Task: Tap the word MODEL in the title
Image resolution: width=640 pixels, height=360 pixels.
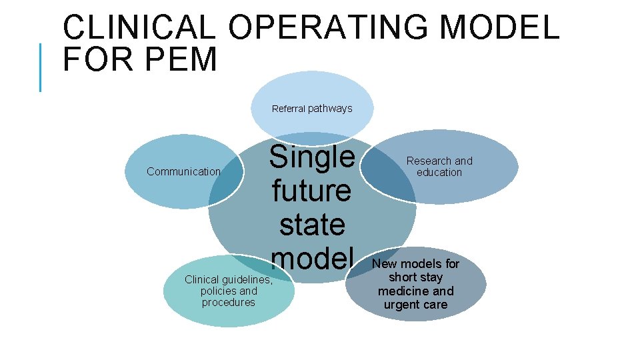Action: tap(499, 28)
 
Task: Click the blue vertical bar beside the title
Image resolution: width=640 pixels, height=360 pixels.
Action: tap(41, 67)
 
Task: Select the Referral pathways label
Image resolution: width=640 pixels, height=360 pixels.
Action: tap(312, 109)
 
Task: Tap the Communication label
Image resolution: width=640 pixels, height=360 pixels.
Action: tap(183, 171)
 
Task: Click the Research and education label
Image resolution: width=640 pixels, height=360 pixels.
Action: tap(439, 167)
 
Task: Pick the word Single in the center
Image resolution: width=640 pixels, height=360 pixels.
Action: tap(312, 157)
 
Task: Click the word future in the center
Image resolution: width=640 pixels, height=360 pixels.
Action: tap(312, 191)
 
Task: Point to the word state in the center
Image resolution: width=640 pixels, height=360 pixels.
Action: tap(312, 225)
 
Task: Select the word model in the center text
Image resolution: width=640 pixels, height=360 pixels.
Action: tap(312, 258)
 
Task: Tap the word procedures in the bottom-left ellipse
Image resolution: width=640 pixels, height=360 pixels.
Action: tap(229, 303)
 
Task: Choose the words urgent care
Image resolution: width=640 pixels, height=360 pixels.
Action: tap(415, 305)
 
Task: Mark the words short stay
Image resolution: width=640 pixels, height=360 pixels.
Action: tap(415, 277)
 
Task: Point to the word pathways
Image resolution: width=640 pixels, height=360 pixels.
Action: tap(331, 109)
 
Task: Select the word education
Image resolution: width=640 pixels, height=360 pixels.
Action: tap(439, 173)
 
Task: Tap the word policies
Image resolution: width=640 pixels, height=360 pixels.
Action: tap(218, 291)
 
